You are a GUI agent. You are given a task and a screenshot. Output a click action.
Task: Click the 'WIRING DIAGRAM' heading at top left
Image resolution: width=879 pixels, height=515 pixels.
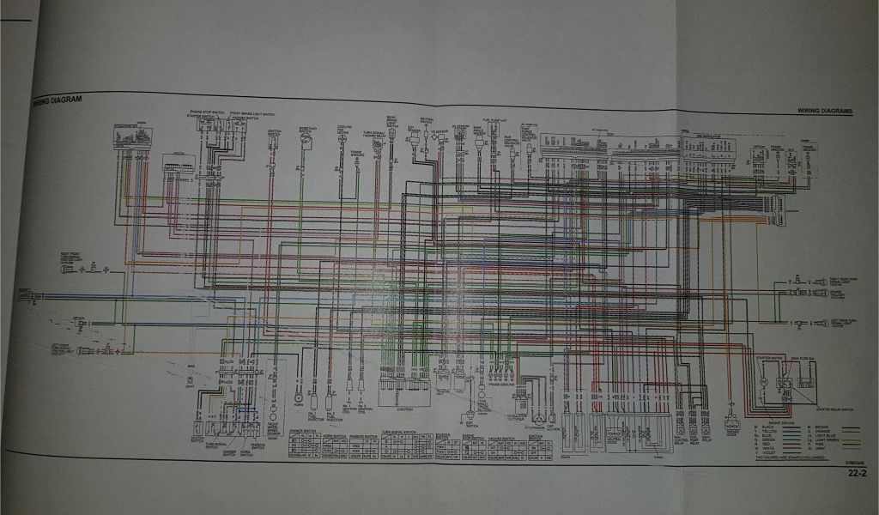coord(57,100)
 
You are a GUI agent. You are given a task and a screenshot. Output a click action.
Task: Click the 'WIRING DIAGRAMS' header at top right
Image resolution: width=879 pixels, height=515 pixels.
coord(823,111)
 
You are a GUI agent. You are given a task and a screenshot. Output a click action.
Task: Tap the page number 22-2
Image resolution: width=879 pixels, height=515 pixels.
coord(855,472)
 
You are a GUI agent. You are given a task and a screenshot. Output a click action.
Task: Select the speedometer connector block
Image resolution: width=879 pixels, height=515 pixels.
coord(132,136)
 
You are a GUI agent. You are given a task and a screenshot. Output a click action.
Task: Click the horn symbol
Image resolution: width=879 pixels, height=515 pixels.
coord(299,396)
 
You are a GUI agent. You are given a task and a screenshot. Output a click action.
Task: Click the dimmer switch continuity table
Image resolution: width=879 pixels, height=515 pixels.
coord(304,447)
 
